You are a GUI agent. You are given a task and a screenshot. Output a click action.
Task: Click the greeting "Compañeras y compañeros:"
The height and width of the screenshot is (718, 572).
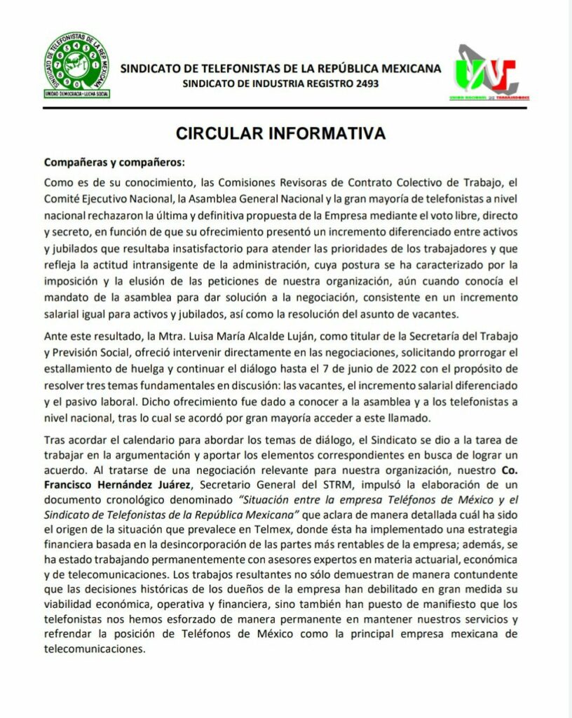(114, 162)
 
